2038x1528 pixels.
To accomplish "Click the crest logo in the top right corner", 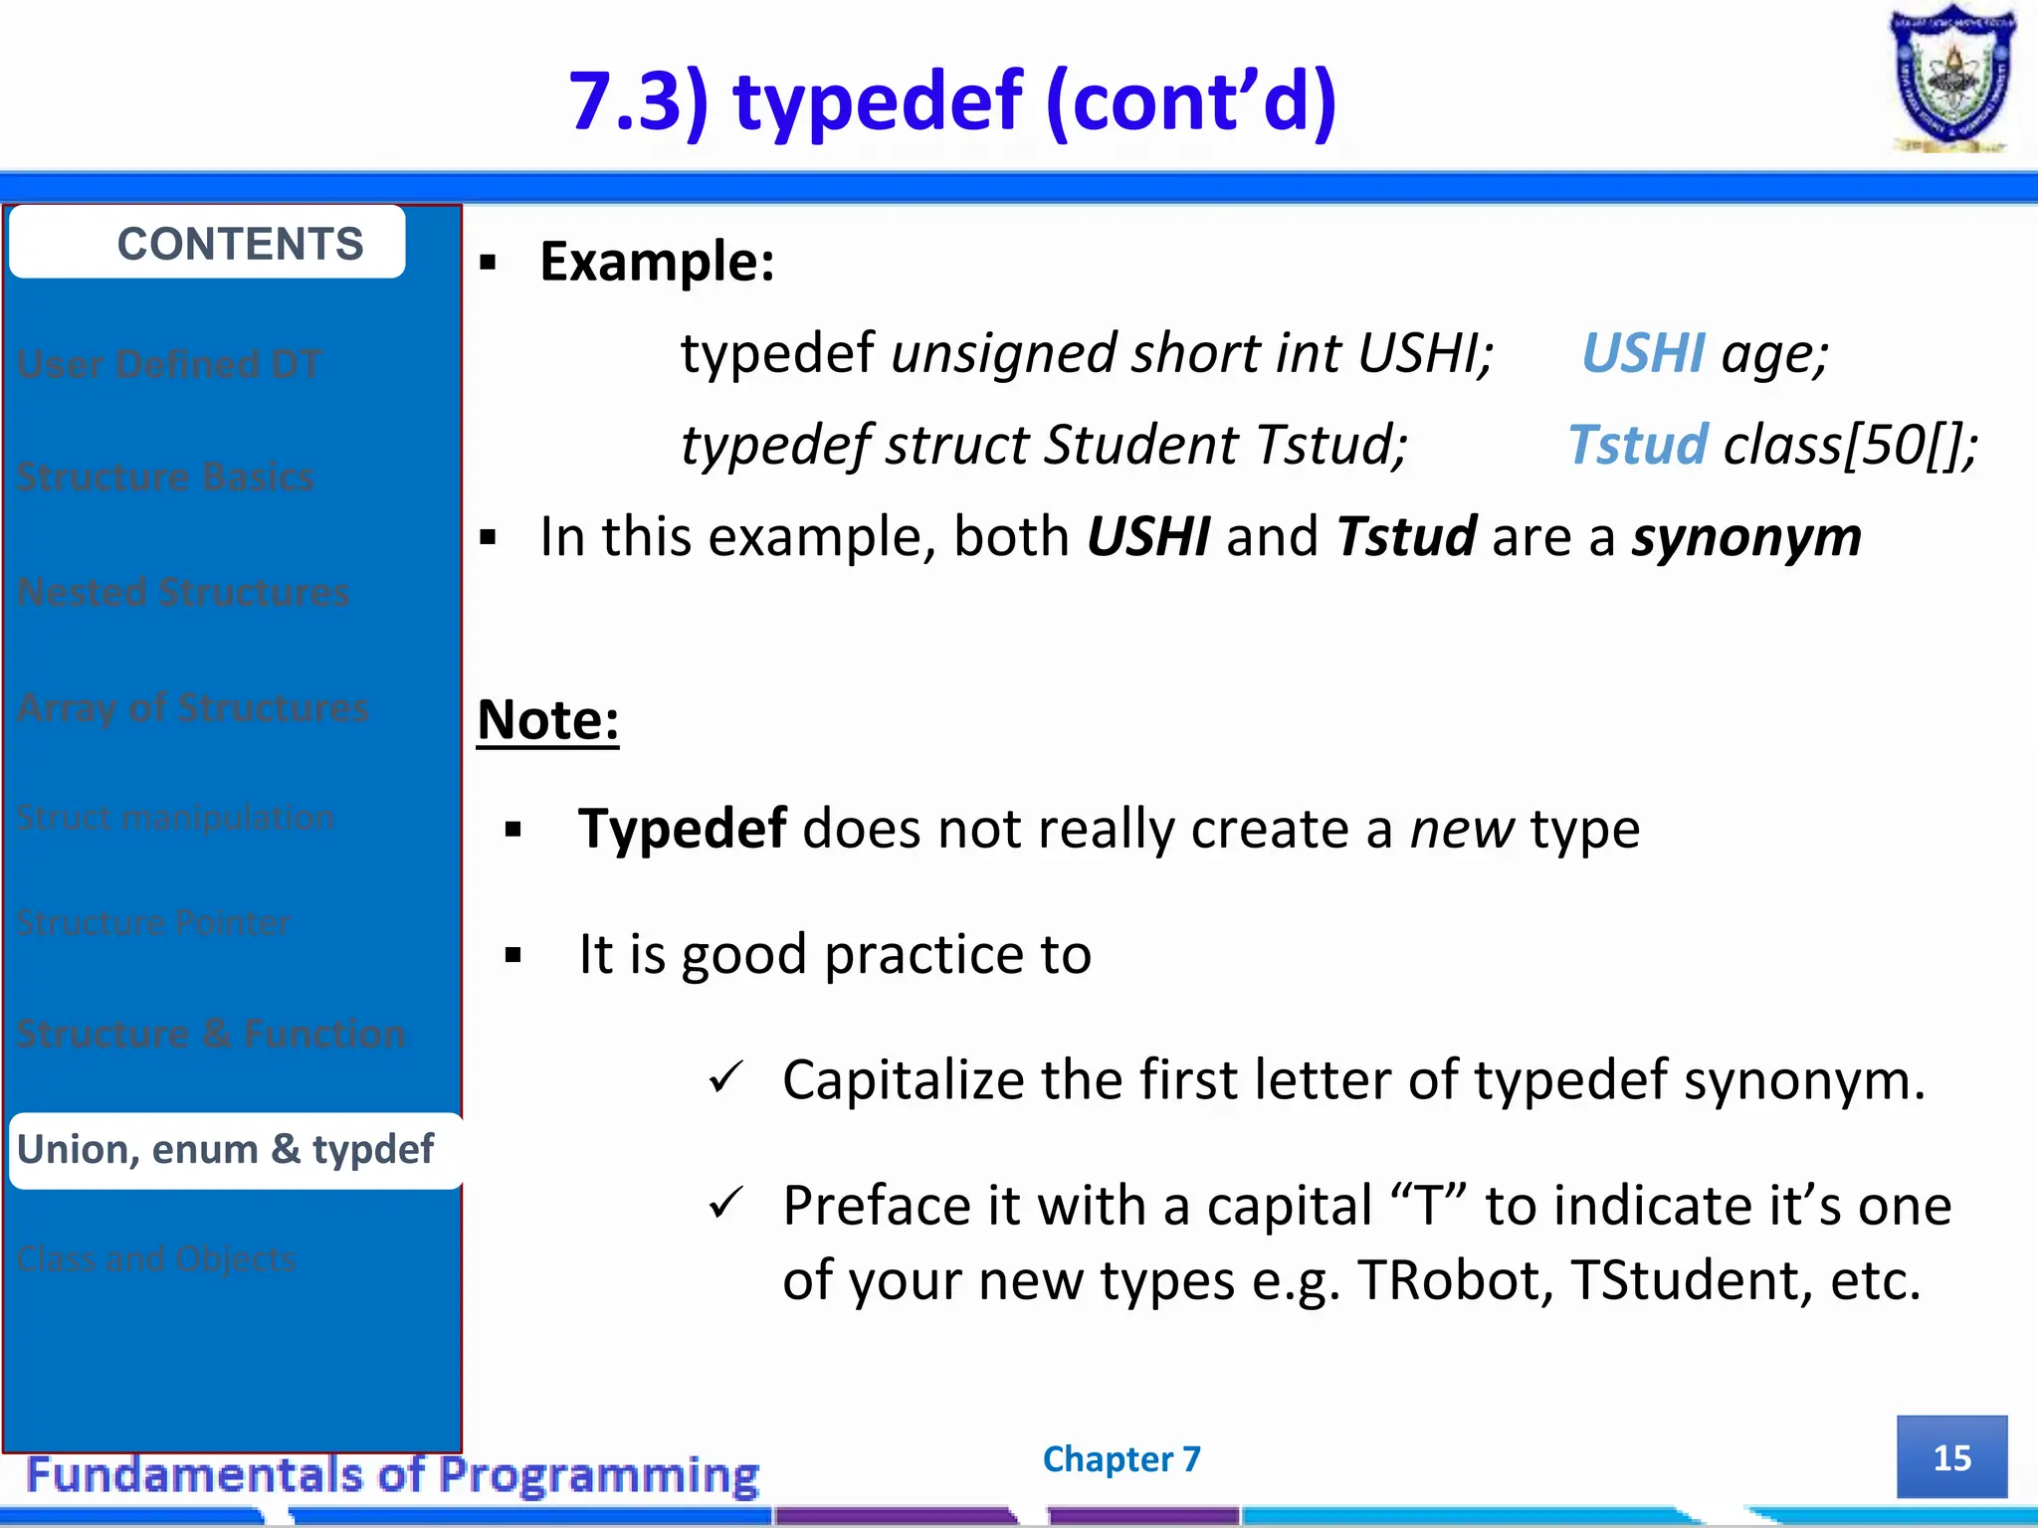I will [1951, 80].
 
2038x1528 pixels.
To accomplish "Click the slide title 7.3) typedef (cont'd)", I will [952, 101].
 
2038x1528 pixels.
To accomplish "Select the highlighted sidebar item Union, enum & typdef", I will [227, 1150].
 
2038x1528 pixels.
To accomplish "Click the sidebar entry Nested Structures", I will [183, 593].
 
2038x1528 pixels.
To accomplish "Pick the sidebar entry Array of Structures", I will [193, 708].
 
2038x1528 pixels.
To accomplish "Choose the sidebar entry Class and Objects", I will [156, 1259].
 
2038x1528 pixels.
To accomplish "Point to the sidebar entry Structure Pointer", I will [153, 923].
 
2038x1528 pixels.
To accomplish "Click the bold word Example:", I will [657, 263].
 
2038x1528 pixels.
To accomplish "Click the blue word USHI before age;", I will [1643, 354].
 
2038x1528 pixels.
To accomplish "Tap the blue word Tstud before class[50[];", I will [1637, 445].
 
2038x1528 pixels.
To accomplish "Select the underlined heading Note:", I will [548, 720].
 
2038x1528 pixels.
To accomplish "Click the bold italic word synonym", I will [1746, 537].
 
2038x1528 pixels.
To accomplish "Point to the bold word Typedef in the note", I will [683, 829].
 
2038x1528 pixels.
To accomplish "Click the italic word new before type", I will [1462, 829].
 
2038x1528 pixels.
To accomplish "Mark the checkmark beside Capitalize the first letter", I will [726, 1077].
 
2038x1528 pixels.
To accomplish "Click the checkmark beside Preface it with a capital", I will [726, 1204].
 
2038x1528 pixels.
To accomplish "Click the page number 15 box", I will [1951, 1457].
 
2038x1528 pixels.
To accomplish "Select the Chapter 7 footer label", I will [1121, 1459].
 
